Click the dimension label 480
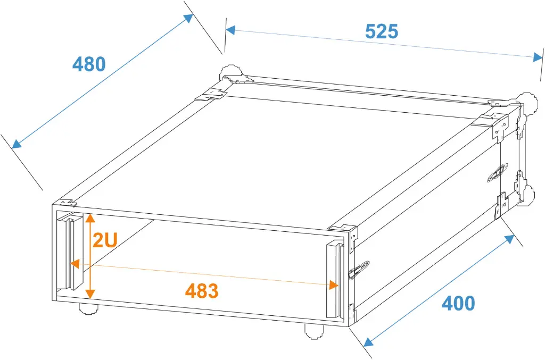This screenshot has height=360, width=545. [89, 64]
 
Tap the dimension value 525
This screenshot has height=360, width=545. [381, 31]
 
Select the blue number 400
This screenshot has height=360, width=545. [458, 303]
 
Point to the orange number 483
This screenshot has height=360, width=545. [202, 290]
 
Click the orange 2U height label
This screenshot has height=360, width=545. [105, 239]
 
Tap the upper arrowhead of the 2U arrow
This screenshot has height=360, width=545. [90, 218]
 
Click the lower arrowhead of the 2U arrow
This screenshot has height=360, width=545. [90, 294]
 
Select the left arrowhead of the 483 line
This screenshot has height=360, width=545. [75, 264]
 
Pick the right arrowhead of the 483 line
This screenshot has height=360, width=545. [333, 286]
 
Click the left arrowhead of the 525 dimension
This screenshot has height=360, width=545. [230, 30]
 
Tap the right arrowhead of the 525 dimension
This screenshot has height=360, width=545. [538, 57]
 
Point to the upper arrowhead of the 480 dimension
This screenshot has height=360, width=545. [188, 19]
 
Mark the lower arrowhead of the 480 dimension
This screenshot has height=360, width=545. [16, 144]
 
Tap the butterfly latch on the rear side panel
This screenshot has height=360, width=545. [498, 173]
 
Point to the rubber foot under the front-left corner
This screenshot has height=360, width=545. [88, 308]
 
